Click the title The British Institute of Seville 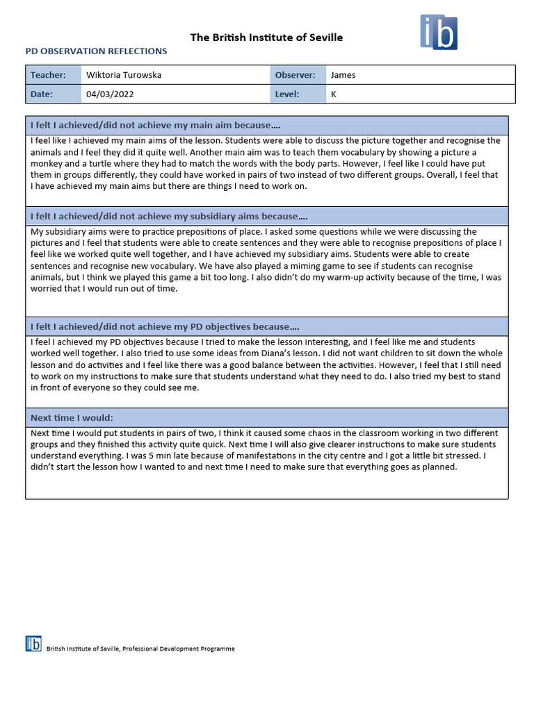pyautogui.click(x=266, y=37)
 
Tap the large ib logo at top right pyautogui.click(x=439, y=32)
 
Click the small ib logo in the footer pyautogui.click(x=33, y=644)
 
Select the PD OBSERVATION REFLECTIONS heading pyautogui.click(x=96, y=51)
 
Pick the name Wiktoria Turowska pyautogui.click(x=124, y=75)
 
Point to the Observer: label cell pyautogui.click(x=295, y=75)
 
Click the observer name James pyautogui.click(x=343, y=75)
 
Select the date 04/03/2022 pyautogui.click(x=110, y=94)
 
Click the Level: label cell pyautogui.click(x=287, y=94)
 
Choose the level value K pyautogui.click(x=334, y=94)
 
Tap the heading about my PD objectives pyautogui.click(x=165, y=326)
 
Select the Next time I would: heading pyautogui.click(x=72, y=417)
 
